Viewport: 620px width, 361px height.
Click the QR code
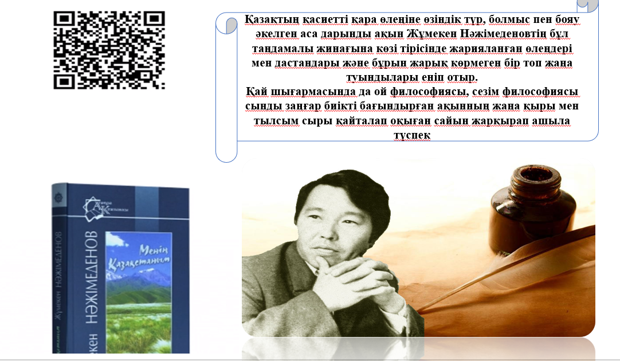pos(109,50)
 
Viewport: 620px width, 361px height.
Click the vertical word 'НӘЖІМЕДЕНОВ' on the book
pos(92,277)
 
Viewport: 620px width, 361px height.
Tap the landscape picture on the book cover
pos(139,293)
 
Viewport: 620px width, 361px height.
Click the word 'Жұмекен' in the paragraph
pos(431,34)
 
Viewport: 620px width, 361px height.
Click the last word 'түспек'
pos(412,135)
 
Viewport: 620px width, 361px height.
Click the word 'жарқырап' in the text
pos(500,120)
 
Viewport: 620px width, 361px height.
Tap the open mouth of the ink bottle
pos(536,174)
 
